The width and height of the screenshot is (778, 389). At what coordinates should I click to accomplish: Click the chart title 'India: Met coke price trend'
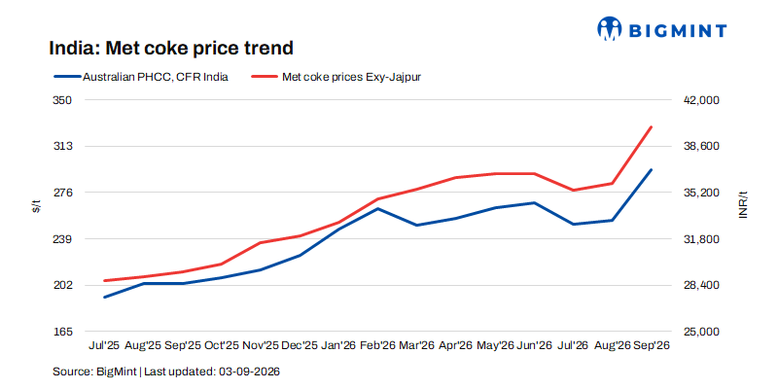coord(171,48)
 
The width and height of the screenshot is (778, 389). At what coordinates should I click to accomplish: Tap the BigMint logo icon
coord(610,28)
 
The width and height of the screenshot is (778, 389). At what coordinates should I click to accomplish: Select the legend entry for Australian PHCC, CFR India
coord(140,78)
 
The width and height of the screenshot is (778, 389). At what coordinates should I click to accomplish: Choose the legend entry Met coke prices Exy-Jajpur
coord(336,78)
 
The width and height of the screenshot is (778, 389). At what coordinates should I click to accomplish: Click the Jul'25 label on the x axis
coord(104,345)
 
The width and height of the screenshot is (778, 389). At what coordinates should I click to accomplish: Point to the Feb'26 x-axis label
coord(378,345)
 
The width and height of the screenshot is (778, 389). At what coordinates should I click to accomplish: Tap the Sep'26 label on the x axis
coord(652,345)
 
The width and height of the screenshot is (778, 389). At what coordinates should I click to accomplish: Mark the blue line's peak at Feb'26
coord(378,208)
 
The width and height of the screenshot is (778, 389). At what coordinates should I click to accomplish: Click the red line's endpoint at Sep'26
coord(651,127)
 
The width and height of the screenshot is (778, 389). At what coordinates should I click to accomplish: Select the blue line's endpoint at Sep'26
coord(651,169)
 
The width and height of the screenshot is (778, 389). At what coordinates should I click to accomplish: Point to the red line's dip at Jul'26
coord(573,190)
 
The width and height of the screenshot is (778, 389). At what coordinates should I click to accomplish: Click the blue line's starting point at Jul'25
coord(105,298)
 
